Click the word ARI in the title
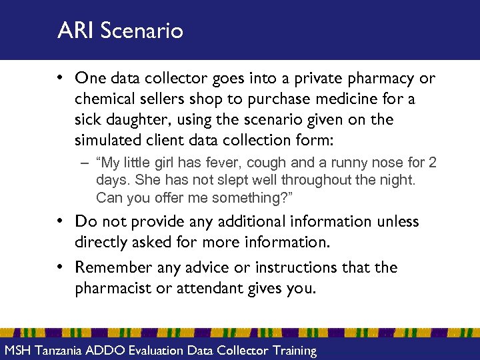[x=75, y=31]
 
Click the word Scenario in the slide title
[x=141, y=31]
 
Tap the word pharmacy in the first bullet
[x=385, y=79]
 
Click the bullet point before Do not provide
[x=61, y=221]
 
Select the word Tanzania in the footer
[x=61, y=351]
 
